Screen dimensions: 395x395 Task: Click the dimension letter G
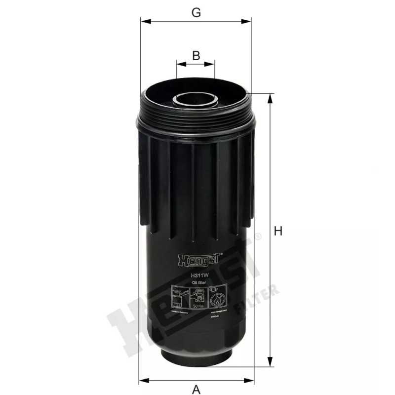coord(196,13)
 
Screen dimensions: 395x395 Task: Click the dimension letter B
coord(196,55)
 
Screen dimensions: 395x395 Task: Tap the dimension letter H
coord(278,231)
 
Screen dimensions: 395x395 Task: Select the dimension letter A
coord(196,390)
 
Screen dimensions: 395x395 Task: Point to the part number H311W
coord(197,276)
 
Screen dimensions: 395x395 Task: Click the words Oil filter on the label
coord(197,282)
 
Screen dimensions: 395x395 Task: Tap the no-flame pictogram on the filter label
coord(216,298)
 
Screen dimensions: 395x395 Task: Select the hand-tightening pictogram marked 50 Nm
coord(197,298)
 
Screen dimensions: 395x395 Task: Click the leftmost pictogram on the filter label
coord(179,298)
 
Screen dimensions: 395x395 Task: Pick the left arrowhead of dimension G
coord(143,21)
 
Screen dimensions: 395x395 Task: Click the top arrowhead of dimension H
coord(270,97)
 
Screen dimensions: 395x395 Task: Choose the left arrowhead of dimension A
coord(142,380)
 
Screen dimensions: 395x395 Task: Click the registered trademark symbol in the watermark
coord(258,237)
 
